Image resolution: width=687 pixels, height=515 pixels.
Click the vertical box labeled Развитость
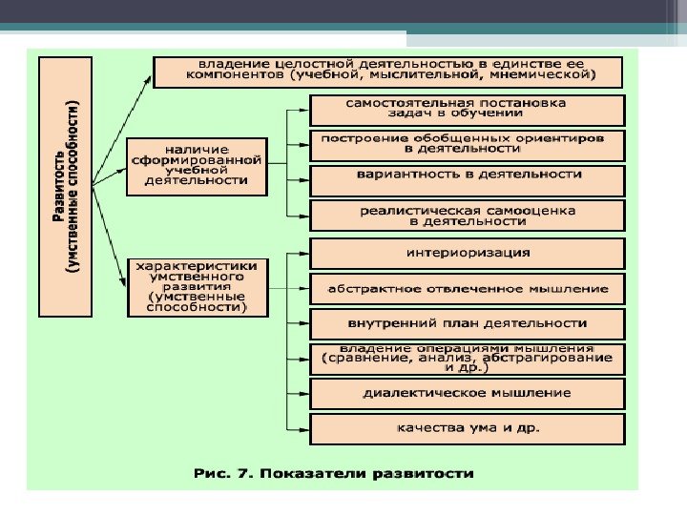(x=65, y=186)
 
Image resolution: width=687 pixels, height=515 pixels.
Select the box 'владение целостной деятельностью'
(x=387, y=72)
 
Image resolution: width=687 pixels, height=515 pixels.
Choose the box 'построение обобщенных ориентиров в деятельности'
(x=468, y=143)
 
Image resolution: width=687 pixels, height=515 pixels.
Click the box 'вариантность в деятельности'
(x=468, y=175)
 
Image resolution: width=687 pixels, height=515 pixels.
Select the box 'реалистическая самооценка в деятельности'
(x=468, y=215)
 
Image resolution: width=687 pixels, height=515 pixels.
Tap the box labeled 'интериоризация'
(x=468, y=253)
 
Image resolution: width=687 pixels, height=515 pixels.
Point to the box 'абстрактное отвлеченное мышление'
(x=468, y=287)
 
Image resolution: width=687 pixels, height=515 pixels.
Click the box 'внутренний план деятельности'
(x=468, y=323)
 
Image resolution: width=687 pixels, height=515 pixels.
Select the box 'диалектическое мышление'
(x=468, y=392)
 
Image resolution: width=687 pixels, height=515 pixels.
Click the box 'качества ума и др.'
(x=468, y=427)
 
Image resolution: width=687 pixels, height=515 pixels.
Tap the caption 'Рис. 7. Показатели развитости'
(x=333, y=473)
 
